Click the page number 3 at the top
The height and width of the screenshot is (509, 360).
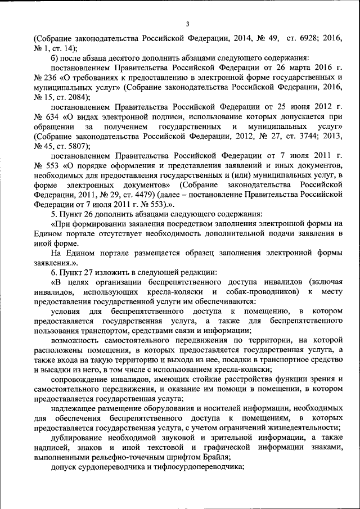187,23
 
